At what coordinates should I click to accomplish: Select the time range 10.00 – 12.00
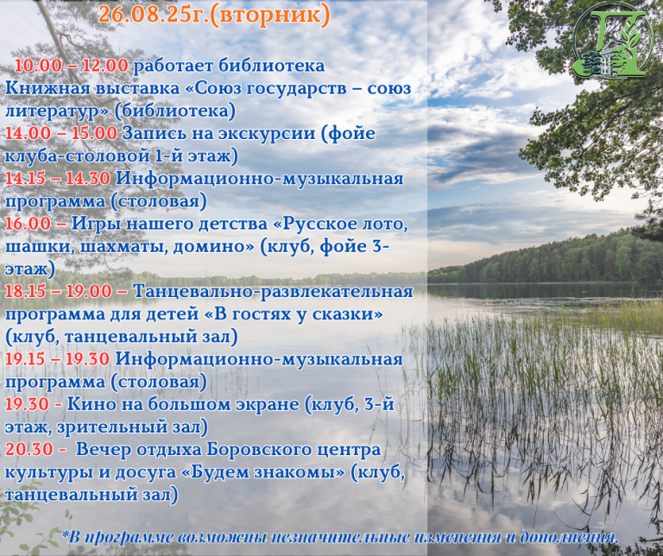pyautogui.click(x=72, y=66)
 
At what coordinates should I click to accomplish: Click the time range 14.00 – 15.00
pyautogui.click(x=61, y=133)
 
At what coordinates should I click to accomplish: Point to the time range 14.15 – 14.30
pyautogui.click(x=58, y=178)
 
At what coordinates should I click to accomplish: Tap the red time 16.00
pyautogui.click(x=28, y=224)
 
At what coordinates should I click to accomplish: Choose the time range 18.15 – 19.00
pyautogui.click(x=59, y=291)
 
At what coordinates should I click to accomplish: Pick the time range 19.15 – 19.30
pyautogui.click(x=58, y=359)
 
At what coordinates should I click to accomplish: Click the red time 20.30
pyautogui.click(x=29, y=449)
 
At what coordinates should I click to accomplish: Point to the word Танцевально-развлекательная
pyautogui.click(x=273, y=292)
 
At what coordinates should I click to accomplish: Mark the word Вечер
pyautogui.click(x=104, y=450)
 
